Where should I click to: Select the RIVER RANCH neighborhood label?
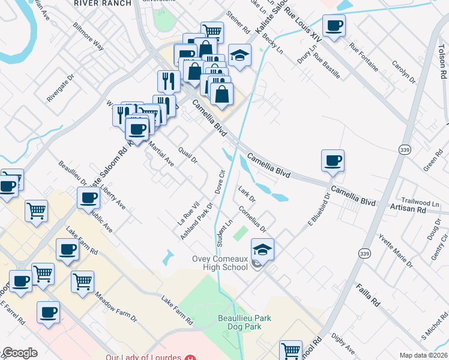pyautogui.click(x=102, y=3)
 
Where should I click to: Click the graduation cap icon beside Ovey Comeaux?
pyautogui.click(x=262, y=249)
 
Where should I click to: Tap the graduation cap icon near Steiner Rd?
pyautogui.click(x=240, y=56)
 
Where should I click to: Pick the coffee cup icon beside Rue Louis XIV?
pyautogui.click(x=334, y=26)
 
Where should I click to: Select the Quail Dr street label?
pyautogui.click(x=188, y=152)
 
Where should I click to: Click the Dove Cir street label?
pyautogui.click(x=220, y=182)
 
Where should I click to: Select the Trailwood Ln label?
pyautogui.click(x=421, y=203)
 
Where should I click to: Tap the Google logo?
pyautogui.click(x=20, y=353)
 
